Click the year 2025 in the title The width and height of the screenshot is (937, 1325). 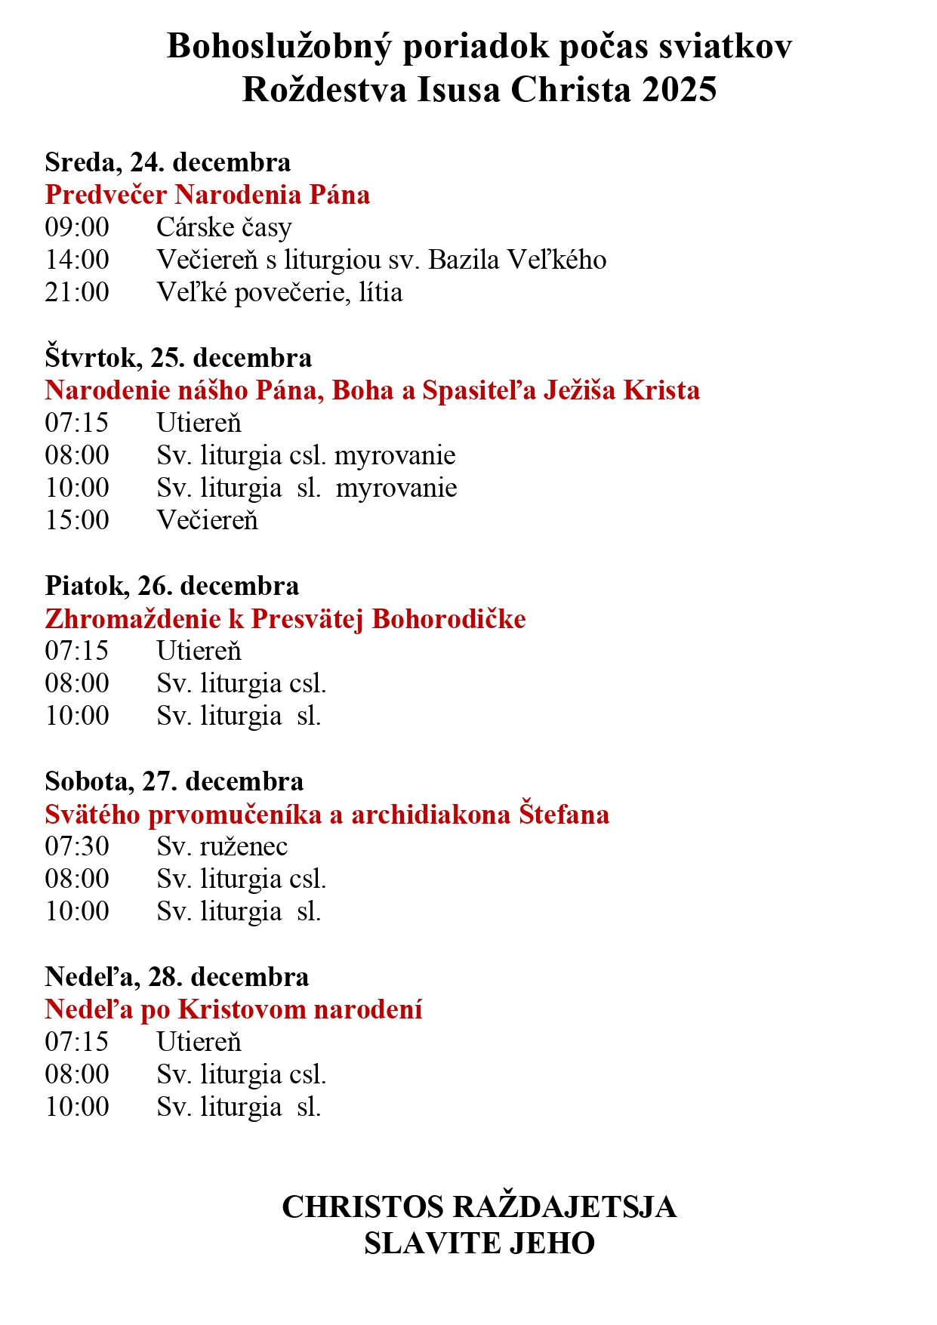[680, 90]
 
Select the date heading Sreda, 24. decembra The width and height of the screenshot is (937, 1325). [168, 162]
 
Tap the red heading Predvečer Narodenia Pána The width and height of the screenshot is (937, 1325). [208, 195]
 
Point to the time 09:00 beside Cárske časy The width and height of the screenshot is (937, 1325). [77, 227]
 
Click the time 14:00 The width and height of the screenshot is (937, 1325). [77, 260]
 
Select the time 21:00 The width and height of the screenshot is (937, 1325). [77, 292]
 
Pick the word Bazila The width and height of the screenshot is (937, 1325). [464, 260]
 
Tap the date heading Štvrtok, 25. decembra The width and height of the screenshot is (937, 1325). [178, 357]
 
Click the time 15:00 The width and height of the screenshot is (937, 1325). [77, 520]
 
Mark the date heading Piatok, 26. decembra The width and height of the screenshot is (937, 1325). [172, 586]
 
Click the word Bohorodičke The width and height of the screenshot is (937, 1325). [449, 619]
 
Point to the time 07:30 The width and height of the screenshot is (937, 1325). [77, 846]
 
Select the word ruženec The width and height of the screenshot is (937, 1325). [244, 847]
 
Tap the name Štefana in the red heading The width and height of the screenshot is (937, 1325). [563, 815]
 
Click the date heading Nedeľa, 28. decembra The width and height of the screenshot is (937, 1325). [177, 977]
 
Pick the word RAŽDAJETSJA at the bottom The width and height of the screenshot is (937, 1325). [566, 1206]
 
